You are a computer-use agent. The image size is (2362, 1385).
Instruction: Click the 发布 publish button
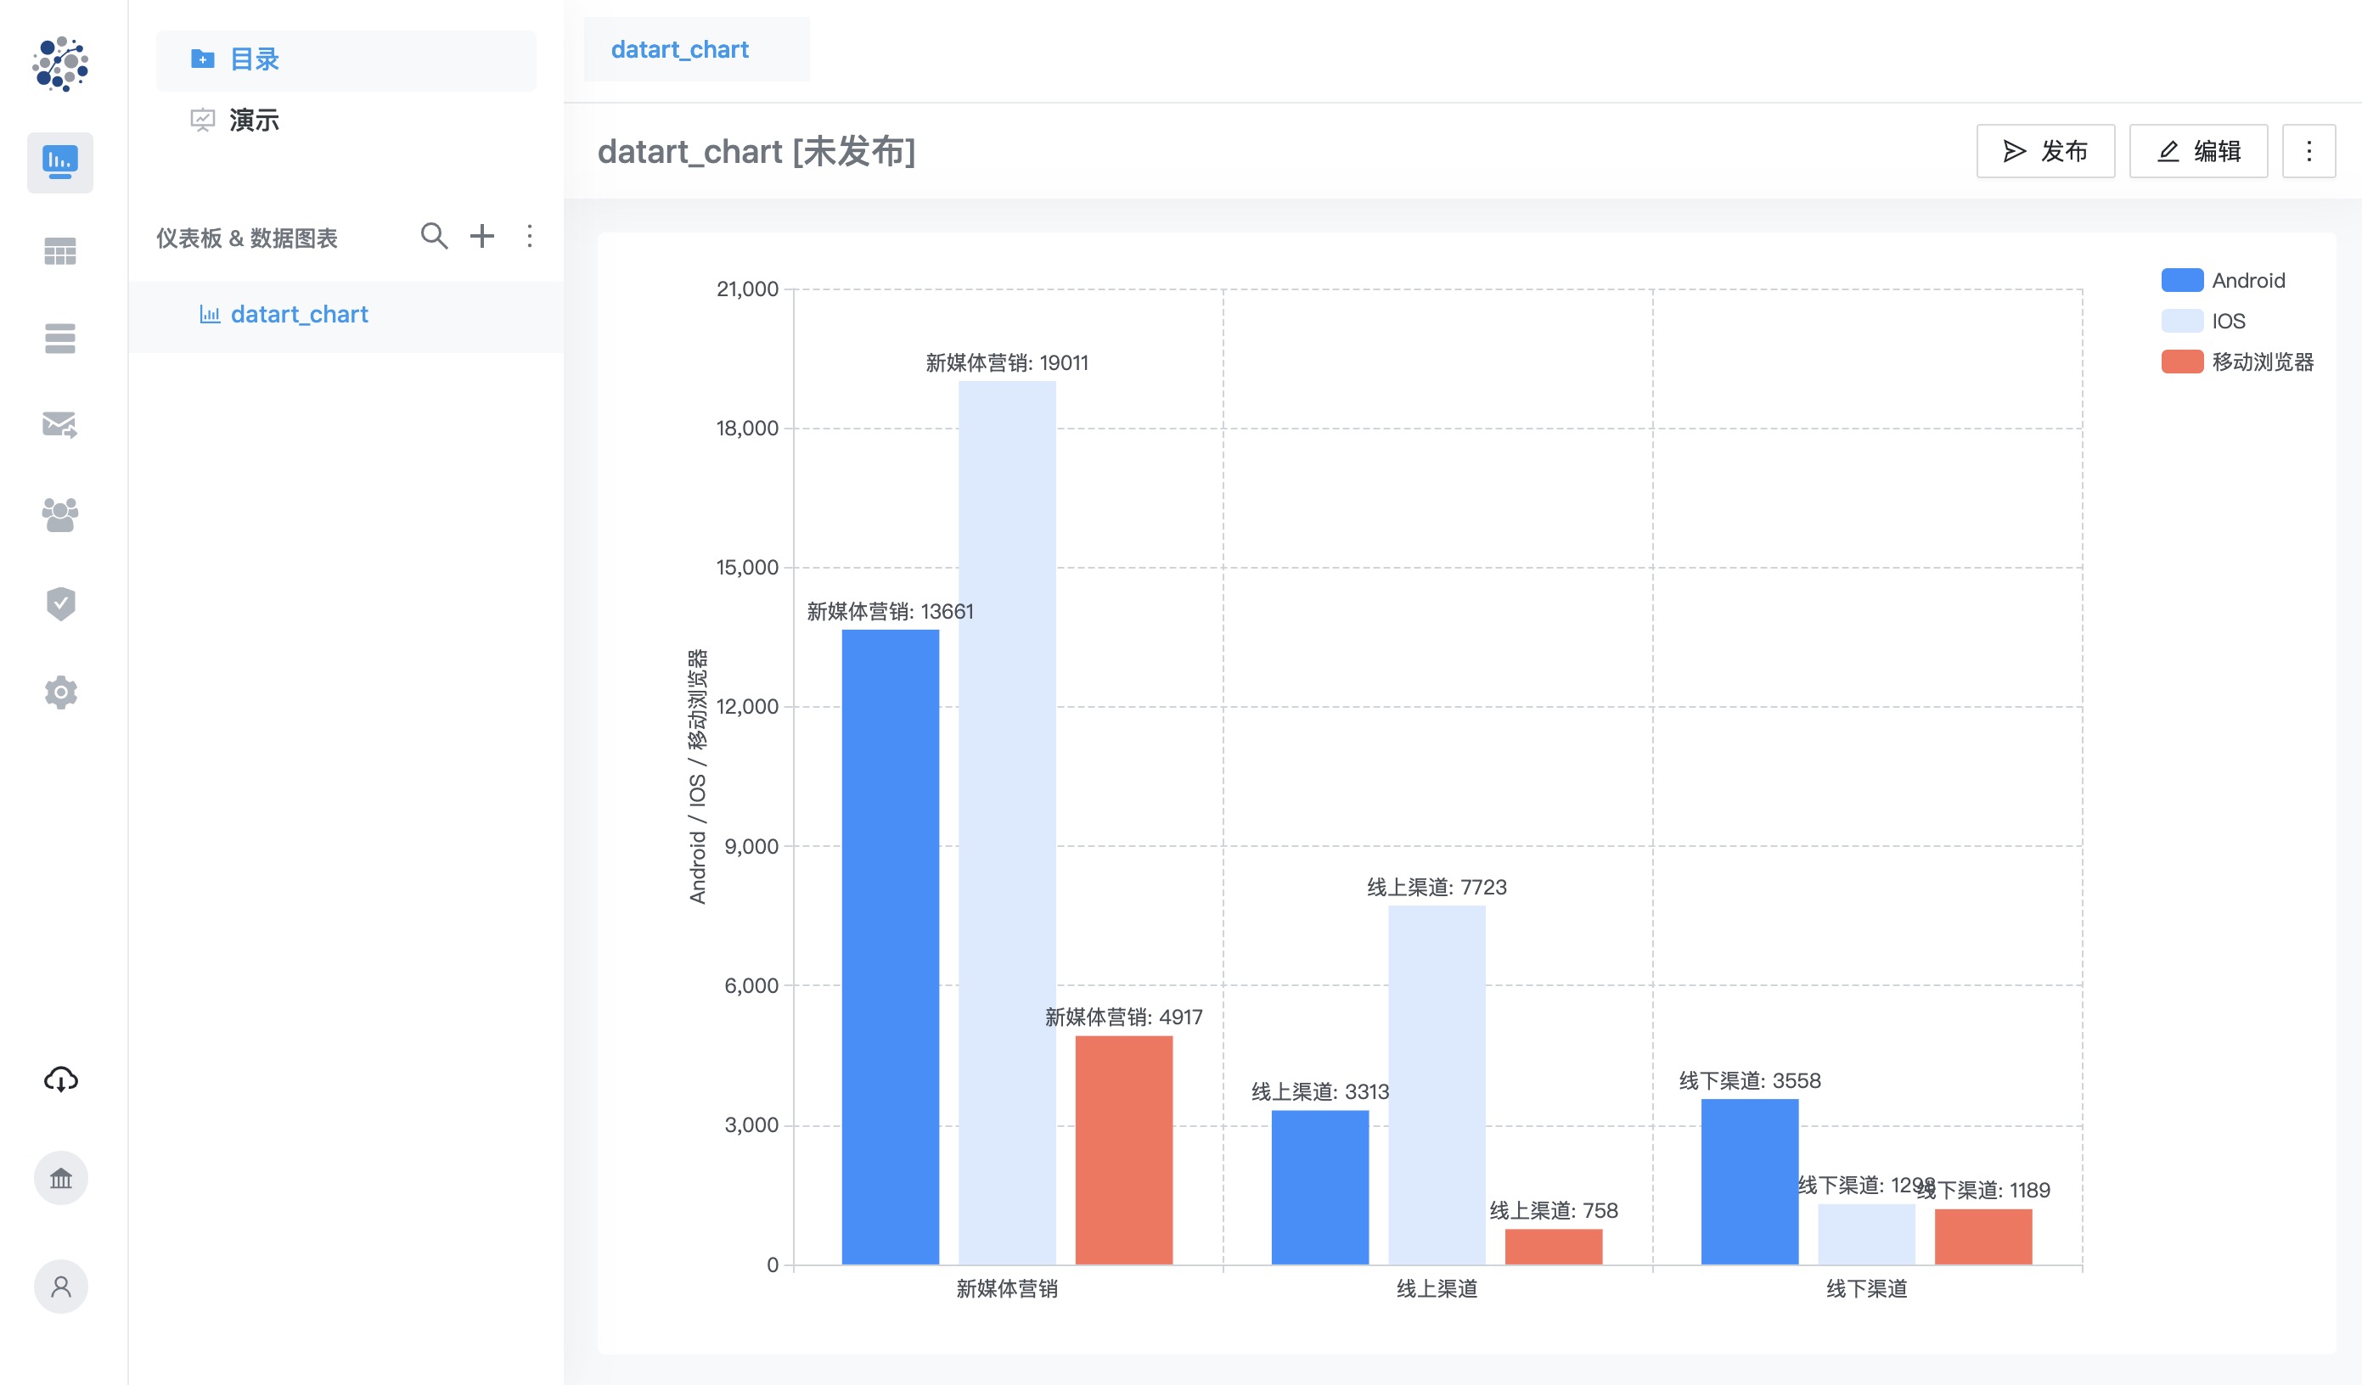[2045, 151]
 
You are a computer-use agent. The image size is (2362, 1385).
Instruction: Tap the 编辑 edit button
[2198, 151]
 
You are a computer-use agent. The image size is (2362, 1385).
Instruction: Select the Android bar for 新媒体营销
[890, 946]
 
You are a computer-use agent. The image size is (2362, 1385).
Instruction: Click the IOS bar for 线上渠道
[1436, 1085]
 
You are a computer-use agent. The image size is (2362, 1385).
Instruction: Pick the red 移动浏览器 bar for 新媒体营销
[1123, 1150]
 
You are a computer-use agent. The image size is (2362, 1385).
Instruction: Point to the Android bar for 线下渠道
[1749, 1181]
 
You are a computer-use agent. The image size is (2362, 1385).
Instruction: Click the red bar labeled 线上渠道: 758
[1553, 1247]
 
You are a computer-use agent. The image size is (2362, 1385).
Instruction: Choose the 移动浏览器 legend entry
[2237, 362]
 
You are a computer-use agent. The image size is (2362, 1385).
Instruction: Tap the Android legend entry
[2223, 280]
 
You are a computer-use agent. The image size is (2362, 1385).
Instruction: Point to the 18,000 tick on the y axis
[747, 429]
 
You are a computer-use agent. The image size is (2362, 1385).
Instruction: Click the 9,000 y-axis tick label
[751, 846]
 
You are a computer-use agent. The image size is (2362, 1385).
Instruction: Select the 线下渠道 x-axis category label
[1866, 1288]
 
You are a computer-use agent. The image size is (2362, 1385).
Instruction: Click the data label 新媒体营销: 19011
[1007, 362]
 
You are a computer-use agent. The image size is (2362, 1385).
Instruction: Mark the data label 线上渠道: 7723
[1436, 888]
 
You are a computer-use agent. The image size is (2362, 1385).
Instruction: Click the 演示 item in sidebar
[254, 120]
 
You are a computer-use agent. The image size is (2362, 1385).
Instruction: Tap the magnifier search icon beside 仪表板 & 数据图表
[433, 236]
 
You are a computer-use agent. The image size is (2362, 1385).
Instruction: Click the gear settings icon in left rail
[61, 692]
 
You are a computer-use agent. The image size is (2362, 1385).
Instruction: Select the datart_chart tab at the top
[679, 50]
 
